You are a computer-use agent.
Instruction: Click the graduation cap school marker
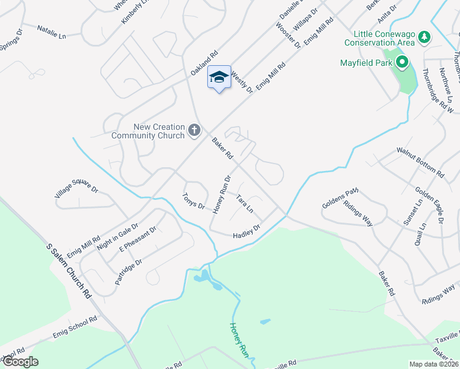(x=220, y=77)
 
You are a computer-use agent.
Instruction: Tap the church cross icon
(x=194, y=129)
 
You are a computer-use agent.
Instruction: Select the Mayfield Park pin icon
(x=403, y=62)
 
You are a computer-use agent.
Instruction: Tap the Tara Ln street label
(x=245, y=204)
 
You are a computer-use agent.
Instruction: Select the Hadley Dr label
(x=247, y=231)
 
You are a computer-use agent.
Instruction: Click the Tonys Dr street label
(x=193, y=201)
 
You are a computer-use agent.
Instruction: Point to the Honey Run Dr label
(x=221, y=195)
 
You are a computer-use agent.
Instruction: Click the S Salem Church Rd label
(x=69, y=270)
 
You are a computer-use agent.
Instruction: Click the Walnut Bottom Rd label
(x=420, y=162)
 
